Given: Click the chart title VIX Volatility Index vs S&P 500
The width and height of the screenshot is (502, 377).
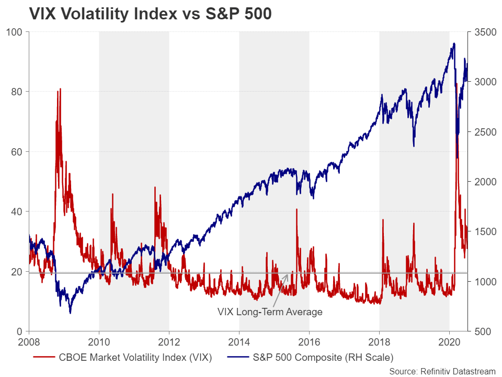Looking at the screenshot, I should click(x=150, y=14).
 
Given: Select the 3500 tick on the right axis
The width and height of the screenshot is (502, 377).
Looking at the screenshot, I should click(x=484, y=32).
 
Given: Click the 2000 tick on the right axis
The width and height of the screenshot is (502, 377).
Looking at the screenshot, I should click(x=484, y=182).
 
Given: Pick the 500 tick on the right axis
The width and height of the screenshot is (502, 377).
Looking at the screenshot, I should click(x=482, y=331).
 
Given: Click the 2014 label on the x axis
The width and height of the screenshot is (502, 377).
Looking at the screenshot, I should click(x=239, y=343).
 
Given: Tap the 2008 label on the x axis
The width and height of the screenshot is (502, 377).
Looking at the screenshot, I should click(x=29, y=343).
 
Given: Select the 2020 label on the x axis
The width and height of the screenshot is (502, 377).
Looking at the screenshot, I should click(x=449, y=343).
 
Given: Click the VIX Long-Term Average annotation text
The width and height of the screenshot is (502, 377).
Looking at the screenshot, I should click(x=270, y=312).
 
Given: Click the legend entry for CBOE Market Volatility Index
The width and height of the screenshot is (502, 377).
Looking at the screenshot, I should click(x=123, y=358).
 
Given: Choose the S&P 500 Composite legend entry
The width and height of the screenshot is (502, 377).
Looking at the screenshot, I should click(x=311, y=358).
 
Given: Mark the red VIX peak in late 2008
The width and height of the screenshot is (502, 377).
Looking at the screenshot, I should click(x=61, y=89).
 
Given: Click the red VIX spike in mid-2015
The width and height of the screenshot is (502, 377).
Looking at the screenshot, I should click(x=297, y=209).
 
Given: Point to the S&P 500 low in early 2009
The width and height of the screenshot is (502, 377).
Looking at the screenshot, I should click(x=70, y=313).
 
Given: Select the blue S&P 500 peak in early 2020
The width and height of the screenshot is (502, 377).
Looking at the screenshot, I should click(x=454, y=43).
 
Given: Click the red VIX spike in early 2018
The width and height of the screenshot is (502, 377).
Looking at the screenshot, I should click(x=383, y=220).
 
